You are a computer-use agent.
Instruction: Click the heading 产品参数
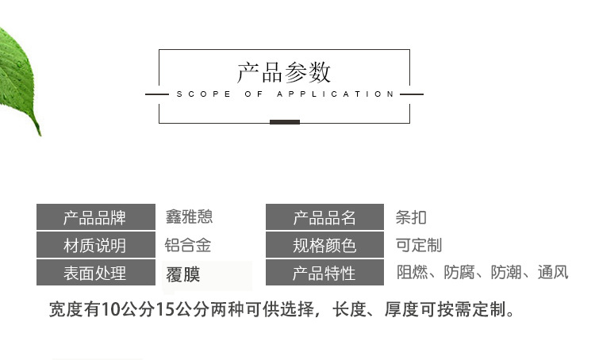(284, 72)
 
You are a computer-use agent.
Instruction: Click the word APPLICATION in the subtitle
(335, 94)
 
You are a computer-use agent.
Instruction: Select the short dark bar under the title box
(284, 121)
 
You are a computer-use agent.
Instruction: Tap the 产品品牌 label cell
(94, 217)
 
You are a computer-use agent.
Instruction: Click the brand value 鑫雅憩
(189, 216)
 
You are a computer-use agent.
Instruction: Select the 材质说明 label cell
(94, 245)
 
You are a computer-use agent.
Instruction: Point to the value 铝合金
(188, 245)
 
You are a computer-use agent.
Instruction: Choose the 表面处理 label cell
(94, 273)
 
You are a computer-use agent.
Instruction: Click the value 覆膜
(182, 274)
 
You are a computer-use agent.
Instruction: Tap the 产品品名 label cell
(324, 217)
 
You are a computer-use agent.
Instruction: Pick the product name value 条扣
(411, 217)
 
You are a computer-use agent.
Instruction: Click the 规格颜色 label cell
(324, 245)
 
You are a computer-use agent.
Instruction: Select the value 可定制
(419, 245)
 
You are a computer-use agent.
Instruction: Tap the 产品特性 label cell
(324, 273)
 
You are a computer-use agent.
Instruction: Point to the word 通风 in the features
(553, 273)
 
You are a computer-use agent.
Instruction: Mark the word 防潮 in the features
(506, 273)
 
